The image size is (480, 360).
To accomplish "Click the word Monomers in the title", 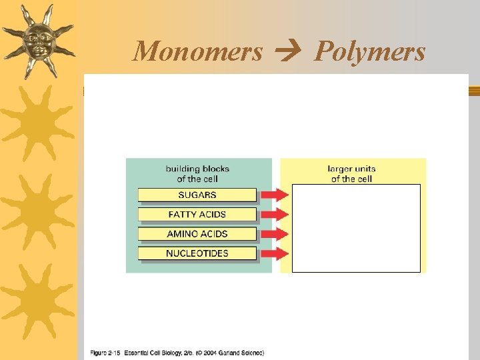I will pyautogui.click(x=198, y=51).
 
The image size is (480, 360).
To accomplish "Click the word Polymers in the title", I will pyautogui.click(x=369, y=51).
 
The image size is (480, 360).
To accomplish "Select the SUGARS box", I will pyautogui.click(x=197, y=195).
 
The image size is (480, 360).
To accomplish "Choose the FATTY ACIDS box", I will pyautogui.click(x=197, y=214).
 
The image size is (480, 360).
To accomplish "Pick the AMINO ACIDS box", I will pyautogui.click(x=197, y=233).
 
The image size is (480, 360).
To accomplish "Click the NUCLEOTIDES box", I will pyautogui.click(x=197, y=253).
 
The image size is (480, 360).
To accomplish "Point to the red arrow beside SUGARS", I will pyautogui.click(x=274, y=195).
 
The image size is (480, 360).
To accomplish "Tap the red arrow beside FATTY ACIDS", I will pyautogui.click(x=274, y=214).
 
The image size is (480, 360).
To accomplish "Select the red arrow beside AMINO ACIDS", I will pyautogui.click(x=274, y=234).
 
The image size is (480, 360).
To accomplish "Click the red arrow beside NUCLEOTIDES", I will pyautogui.click(x=274, y=253).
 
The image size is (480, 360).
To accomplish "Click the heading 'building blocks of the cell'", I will pyautogui.click(x=197, y=173).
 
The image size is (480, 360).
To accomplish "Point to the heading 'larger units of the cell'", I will pyautogui.click(x=353, y=173).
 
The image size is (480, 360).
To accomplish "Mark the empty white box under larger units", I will pyautogui.click(x=356, y=228).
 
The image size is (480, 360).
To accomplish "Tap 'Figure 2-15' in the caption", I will pyautogui.click(x=106, y=352).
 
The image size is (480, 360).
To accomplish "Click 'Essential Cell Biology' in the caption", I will pyautogui.click(x=155, y=352).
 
